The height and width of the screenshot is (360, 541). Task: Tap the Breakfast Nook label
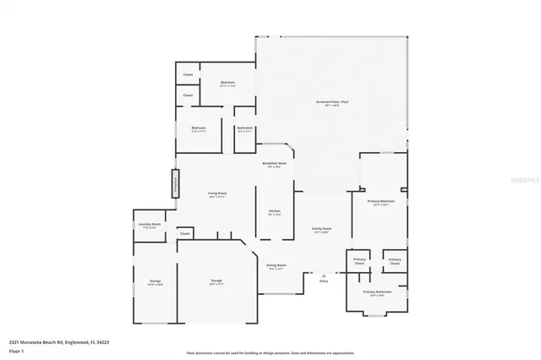(x=275, y=163)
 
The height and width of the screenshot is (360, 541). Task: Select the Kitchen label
(x=275, y=210)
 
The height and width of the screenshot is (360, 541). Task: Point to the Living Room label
(x=217, y=194)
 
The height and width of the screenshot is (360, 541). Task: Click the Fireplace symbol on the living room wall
(x=175, y=184)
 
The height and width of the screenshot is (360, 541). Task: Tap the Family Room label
(x=321, y=229)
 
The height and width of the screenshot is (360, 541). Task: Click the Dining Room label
(x=276, y=265)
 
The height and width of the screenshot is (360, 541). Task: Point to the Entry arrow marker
(x=323, y=274)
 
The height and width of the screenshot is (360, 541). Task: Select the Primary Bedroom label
(x=380, y=201)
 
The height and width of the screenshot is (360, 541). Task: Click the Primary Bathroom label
(x=374, y=292)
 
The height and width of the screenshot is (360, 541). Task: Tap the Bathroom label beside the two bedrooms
(x=244, y=129)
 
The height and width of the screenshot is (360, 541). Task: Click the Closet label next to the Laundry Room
(x=184, y=233)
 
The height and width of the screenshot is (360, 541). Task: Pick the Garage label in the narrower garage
(x=156, y=281)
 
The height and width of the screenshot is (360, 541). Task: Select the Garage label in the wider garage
(x=216, y=281)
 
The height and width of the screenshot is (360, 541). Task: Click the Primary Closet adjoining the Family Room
(x=359, y=261)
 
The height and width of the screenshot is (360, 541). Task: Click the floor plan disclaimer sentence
(x=270, y=352)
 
